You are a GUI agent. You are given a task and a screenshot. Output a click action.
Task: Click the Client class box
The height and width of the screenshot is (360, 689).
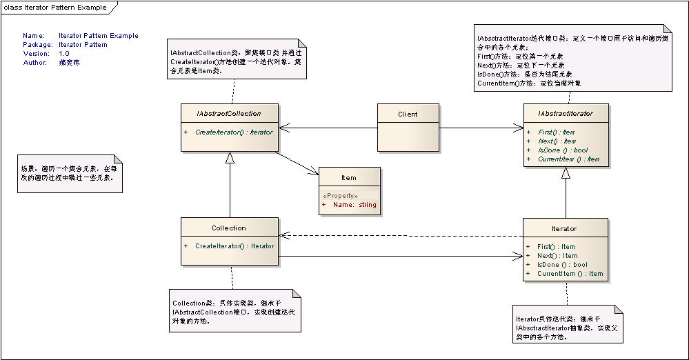[x=408, y=127]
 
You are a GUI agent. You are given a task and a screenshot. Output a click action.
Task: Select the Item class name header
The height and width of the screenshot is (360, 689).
[x=349, y=177]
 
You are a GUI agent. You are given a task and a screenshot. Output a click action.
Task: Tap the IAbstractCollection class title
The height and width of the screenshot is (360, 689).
[x=230, y=113]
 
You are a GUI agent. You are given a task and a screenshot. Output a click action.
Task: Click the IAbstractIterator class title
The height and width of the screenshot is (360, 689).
[x=566, y=113]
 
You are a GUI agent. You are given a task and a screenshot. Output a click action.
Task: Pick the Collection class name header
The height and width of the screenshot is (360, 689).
[x=229, y=228]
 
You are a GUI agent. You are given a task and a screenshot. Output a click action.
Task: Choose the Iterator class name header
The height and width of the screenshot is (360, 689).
[x=565, y=228]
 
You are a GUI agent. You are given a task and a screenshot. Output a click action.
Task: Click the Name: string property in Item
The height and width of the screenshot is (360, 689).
[x=354, y=205]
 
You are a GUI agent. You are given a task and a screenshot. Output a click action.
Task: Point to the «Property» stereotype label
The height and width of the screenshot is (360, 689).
[x=339, y=196]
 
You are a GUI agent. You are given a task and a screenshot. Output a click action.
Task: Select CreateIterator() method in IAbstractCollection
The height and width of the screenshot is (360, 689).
[x=234, y=132]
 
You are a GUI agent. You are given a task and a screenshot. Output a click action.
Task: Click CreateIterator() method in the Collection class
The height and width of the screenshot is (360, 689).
[x=234, y=246]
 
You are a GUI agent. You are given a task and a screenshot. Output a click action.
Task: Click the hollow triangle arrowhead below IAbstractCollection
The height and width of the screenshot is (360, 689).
[x=230, y=158]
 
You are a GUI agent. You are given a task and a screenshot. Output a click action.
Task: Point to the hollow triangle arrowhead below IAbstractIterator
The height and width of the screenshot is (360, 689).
[x=566, y=173]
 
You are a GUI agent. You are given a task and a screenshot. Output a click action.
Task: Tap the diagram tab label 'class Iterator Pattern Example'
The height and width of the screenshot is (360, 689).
[x=55, y=8]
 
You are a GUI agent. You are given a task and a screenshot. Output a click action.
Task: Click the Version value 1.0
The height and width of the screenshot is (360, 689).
[x=64, y=54]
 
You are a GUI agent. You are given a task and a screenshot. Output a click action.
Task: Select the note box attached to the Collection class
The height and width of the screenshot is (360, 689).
[x=235, y=312]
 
